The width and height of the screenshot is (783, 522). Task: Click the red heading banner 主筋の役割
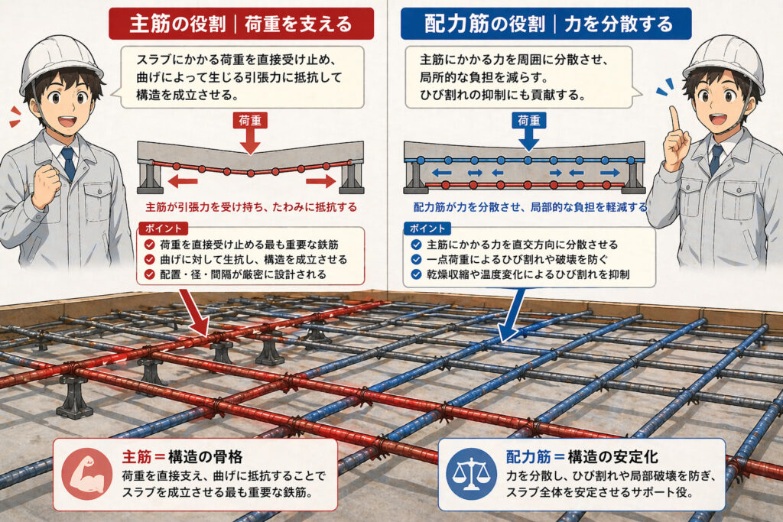click(241, 23)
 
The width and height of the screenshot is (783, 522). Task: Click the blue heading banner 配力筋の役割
click(546, 23)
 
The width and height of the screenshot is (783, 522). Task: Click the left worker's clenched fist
click(46, 183)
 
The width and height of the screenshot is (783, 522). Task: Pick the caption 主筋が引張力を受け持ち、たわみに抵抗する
click(251, 207)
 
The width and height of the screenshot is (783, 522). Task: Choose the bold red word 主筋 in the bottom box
click(138, 457)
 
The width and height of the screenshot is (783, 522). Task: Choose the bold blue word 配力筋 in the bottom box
click(528, 457)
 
